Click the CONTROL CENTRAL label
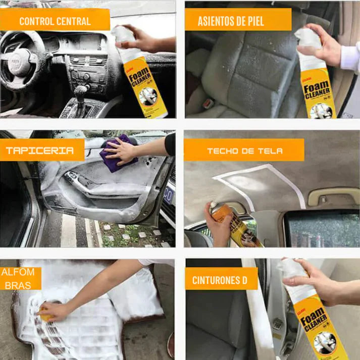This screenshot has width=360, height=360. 55,21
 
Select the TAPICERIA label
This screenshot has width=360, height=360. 40,150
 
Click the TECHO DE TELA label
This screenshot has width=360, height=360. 244,150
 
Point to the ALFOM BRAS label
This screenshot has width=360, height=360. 18,279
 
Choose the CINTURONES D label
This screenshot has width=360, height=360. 221,279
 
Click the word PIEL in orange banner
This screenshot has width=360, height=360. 264,22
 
